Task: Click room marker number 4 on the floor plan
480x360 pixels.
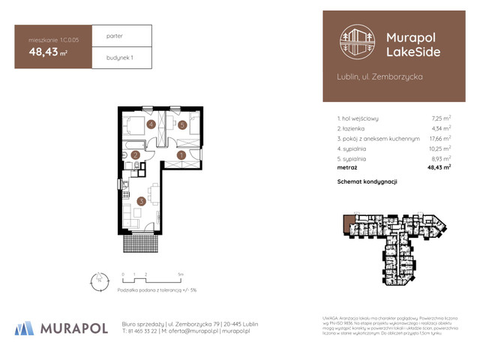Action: click(151, 124)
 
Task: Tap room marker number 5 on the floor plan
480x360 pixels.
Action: click(181, 124)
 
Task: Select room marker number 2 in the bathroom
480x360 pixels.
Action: click(135, 155)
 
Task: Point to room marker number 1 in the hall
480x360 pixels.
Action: click(181, 155)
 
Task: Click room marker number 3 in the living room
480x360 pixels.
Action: click(141, 201)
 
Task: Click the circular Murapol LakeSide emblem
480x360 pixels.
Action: click(356, 43)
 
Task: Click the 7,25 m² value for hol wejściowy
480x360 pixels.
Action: click(441, 118)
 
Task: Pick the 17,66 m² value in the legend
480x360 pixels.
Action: click(439, 139)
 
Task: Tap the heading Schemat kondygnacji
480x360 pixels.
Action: click(367, 181)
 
